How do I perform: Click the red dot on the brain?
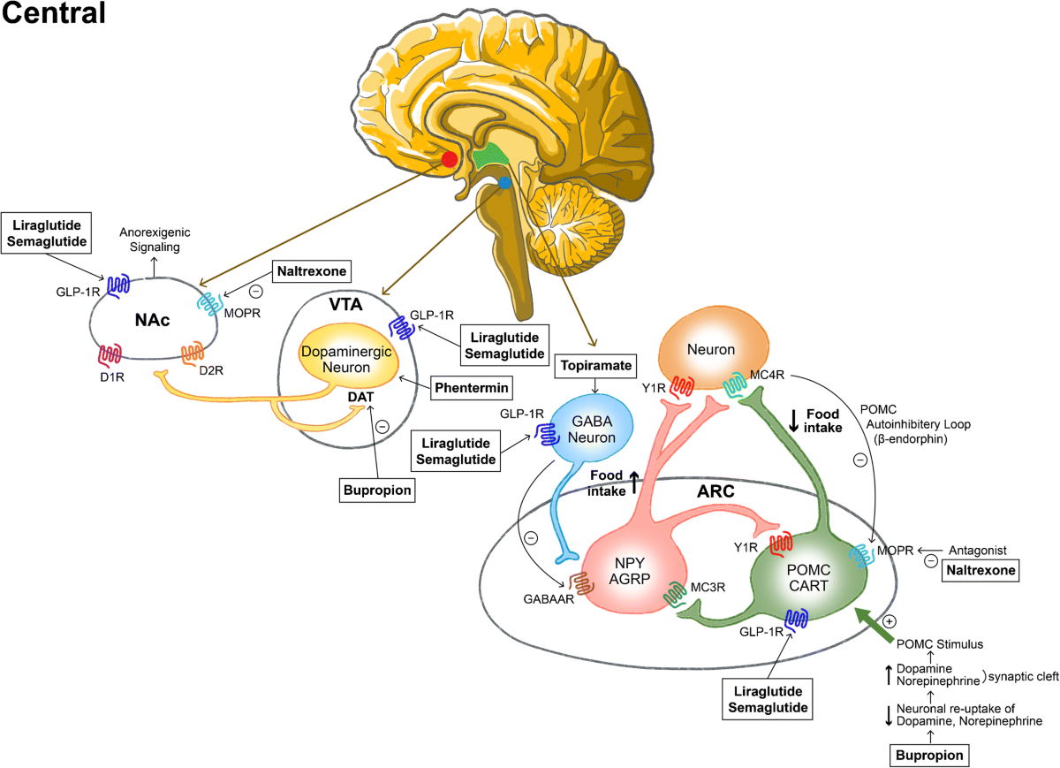pyautogui.click(x=449, y=158)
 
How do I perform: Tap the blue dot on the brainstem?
pyautogui.click(x=504, y=182)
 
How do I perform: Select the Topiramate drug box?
pyautogui.click(x=595, y=366)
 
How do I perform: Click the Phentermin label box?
pyautogui.click(x=472, y=388)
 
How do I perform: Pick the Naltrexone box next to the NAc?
pyautogui.click(x=311, y=271)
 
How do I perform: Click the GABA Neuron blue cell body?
pyautogui.click(x=592, y=429)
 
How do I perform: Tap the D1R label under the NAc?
pyautogui.click(x=112, y=376)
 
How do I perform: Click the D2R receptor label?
pyautogui.click(x=211, y=370)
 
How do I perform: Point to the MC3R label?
pyautogui.click(x=708, y=587)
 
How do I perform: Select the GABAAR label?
pyautogui.click(x=549, y=599)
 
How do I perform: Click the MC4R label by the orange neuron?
pyautogui.click(x=767, y=375)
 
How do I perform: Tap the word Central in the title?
pyautogui.click(x=54, y=12)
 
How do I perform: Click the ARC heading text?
pyautogui.click(x=715, y=491)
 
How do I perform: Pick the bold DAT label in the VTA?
pyautogui.click(x=360, y=397)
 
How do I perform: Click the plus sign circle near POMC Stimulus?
pyautogui.click(x=890, y=621)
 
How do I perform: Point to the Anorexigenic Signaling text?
pyautogui.click(x=155, y=240)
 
